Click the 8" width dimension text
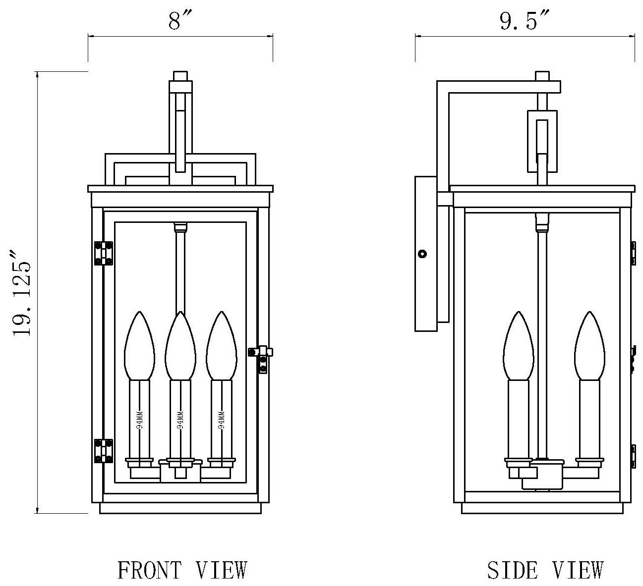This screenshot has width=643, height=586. pos(179,20)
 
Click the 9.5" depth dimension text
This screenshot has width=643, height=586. pos(525,20)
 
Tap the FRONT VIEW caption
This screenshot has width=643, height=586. pos(182,570)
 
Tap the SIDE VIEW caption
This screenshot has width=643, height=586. pos(545,570)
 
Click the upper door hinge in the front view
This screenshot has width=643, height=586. pos(104,253)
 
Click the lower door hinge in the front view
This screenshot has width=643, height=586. pos(104,451)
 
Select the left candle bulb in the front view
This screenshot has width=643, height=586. pos(139,347)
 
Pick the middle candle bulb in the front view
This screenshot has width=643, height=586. pos(180,347)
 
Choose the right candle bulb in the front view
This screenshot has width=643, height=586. pos(222,347)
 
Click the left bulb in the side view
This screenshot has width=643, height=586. pos(518,347)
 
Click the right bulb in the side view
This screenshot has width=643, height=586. pos(590,347)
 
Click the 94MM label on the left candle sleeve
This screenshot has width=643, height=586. pos(139,420)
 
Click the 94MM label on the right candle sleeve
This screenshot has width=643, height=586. pos(222,420)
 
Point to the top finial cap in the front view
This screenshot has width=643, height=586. pos(180,76)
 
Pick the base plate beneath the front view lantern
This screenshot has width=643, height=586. pos(180,508)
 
